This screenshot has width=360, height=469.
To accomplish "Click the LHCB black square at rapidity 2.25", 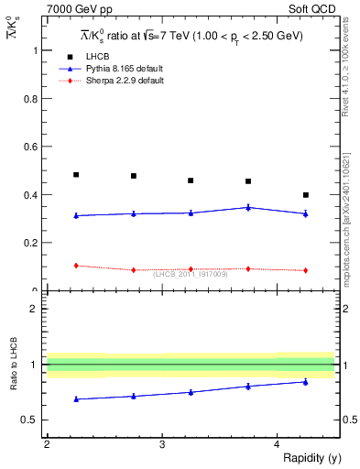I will point(76,174).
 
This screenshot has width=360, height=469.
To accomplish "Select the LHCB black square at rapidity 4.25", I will point(306,195).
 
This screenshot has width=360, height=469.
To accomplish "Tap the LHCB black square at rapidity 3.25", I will point(191,180).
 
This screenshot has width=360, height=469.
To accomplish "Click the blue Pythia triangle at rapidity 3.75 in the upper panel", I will point(248,207).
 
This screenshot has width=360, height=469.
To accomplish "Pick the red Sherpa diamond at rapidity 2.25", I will point(76,266).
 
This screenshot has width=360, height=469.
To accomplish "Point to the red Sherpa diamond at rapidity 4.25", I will point(306,270).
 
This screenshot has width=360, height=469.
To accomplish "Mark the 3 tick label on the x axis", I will point(161,444).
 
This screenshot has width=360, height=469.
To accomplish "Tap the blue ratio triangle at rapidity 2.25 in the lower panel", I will point(76,399).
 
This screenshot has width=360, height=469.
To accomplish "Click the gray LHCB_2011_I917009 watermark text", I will point(190,274).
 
